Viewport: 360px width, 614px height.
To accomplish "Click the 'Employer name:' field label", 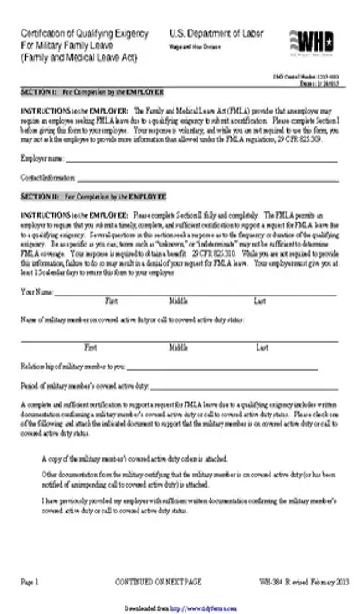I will tap(41, 159).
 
